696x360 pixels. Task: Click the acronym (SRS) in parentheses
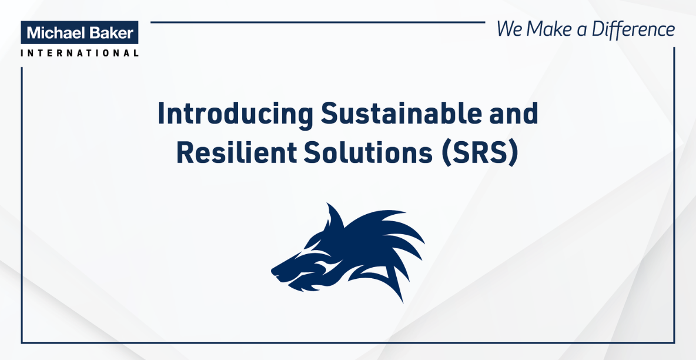point(480,154)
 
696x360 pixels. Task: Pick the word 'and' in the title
point(512,114)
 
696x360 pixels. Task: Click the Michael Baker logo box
point(79,32)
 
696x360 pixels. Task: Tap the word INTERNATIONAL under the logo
point(79,53)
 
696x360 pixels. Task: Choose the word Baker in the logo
point(110,32)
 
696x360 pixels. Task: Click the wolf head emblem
point(347,252)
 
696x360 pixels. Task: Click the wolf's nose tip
point(273,268)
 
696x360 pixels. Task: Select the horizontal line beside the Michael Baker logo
point(318,22)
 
